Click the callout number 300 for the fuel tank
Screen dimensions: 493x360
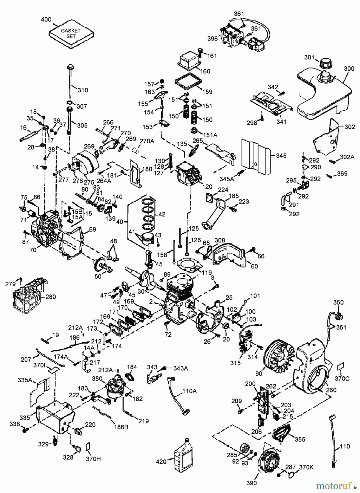point(349,69)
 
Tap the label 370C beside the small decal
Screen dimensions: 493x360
point(342,379)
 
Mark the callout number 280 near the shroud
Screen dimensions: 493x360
point(51,297)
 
